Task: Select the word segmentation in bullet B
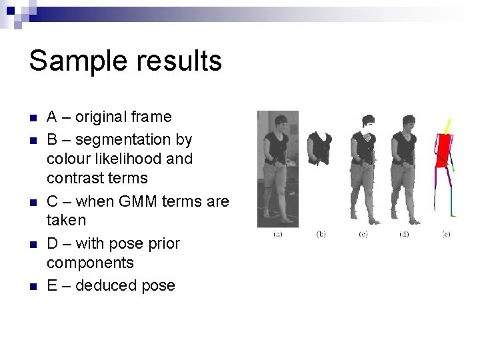120,140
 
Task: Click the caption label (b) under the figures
321,234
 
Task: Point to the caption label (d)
404,234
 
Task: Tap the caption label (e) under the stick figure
445,234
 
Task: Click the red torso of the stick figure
441,150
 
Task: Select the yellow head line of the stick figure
448,126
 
